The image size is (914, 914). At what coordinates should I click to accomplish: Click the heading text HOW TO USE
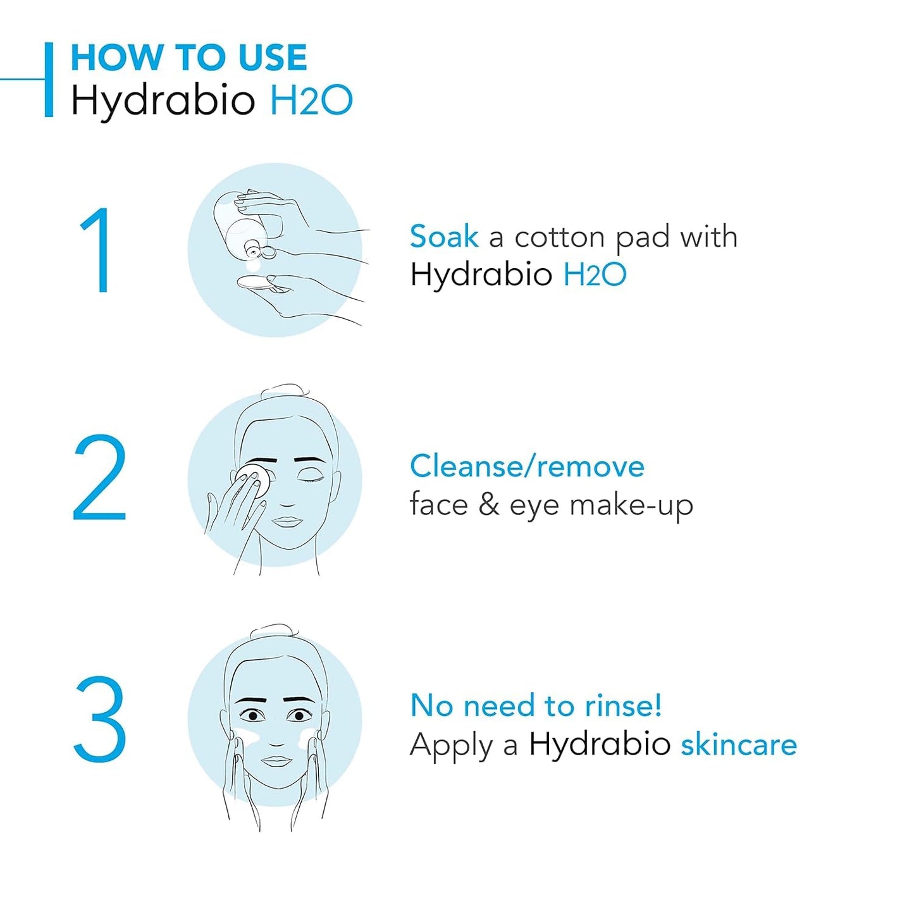pos(188,58)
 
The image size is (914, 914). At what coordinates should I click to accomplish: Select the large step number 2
pos(100,478)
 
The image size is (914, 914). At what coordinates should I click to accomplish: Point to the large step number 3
pos(100,719)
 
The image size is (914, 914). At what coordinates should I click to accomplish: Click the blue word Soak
pos(443,237)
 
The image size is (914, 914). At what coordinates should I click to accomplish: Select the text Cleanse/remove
pos(527,467)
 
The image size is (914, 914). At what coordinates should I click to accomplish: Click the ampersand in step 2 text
pos(488,505)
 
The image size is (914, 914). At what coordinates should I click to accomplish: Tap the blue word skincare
pos(738,744)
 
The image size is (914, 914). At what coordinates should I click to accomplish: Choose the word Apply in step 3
pos(451,746)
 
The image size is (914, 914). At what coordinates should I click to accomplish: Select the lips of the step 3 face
pos(276,760)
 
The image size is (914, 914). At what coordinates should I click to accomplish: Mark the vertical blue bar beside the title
pos(49,80)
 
